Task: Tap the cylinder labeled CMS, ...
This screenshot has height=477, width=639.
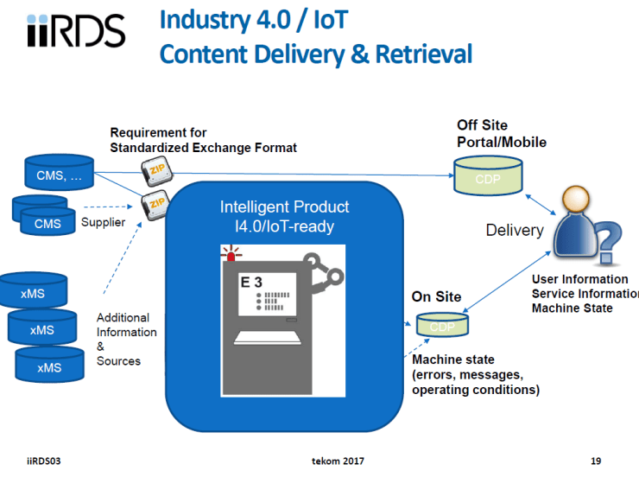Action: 59,173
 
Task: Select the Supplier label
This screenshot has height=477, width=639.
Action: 104,223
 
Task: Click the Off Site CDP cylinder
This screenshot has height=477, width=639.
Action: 489,175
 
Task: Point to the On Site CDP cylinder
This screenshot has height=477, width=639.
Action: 443,326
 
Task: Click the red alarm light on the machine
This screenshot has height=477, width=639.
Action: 231,255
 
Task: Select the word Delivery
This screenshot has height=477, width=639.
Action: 515,230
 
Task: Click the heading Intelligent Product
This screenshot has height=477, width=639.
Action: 285,207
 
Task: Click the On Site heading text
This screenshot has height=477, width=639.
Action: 436,296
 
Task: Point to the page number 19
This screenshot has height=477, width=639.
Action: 596,461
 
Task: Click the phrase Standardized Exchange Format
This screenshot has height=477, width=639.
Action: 204,148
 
